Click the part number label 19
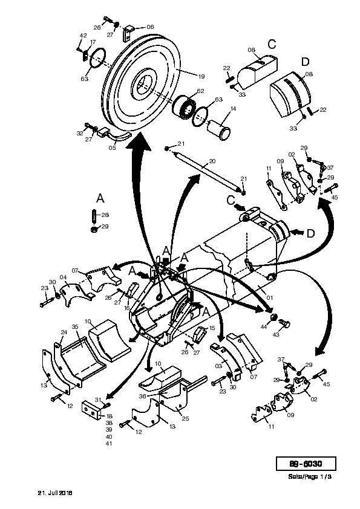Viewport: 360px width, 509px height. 201,77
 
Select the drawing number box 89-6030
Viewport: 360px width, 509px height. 306,464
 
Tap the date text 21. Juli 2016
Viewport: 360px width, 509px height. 55,493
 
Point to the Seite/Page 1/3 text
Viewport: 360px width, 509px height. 310,477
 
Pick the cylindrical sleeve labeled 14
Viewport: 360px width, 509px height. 219,130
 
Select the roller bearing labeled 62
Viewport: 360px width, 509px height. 184,108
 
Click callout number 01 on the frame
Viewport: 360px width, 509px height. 269,297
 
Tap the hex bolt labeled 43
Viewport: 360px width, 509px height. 285,324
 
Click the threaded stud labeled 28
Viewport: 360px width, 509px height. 94,216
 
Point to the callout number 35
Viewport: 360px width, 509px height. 75,326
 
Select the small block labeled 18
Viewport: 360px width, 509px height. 92,410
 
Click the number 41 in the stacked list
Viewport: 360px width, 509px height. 109,444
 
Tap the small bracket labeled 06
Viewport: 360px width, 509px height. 129,33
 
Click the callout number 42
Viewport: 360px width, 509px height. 83,36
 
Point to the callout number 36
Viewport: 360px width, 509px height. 143,396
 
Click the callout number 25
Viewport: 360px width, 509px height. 185,418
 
